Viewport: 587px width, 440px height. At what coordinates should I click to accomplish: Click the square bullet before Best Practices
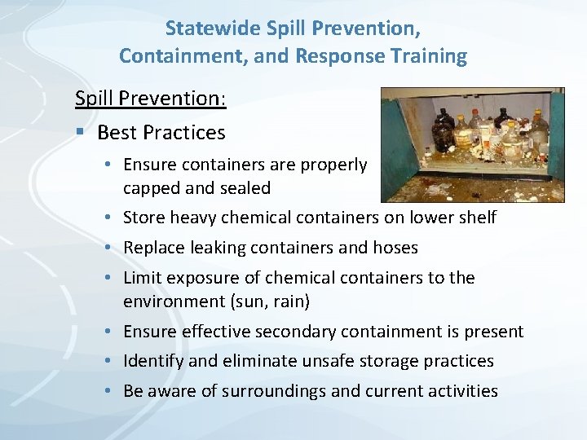coord(80,132)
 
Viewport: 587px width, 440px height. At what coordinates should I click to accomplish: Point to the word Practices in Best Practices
coord(185,132)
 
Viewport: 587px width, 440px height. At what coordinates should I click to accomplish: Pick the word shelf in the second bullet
coord(477,218)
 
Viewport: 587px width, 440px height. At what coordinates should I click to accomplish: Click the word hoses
coord(395,248)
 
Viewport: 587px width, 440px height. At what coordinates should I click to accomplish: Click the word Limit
coord(142,278)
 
